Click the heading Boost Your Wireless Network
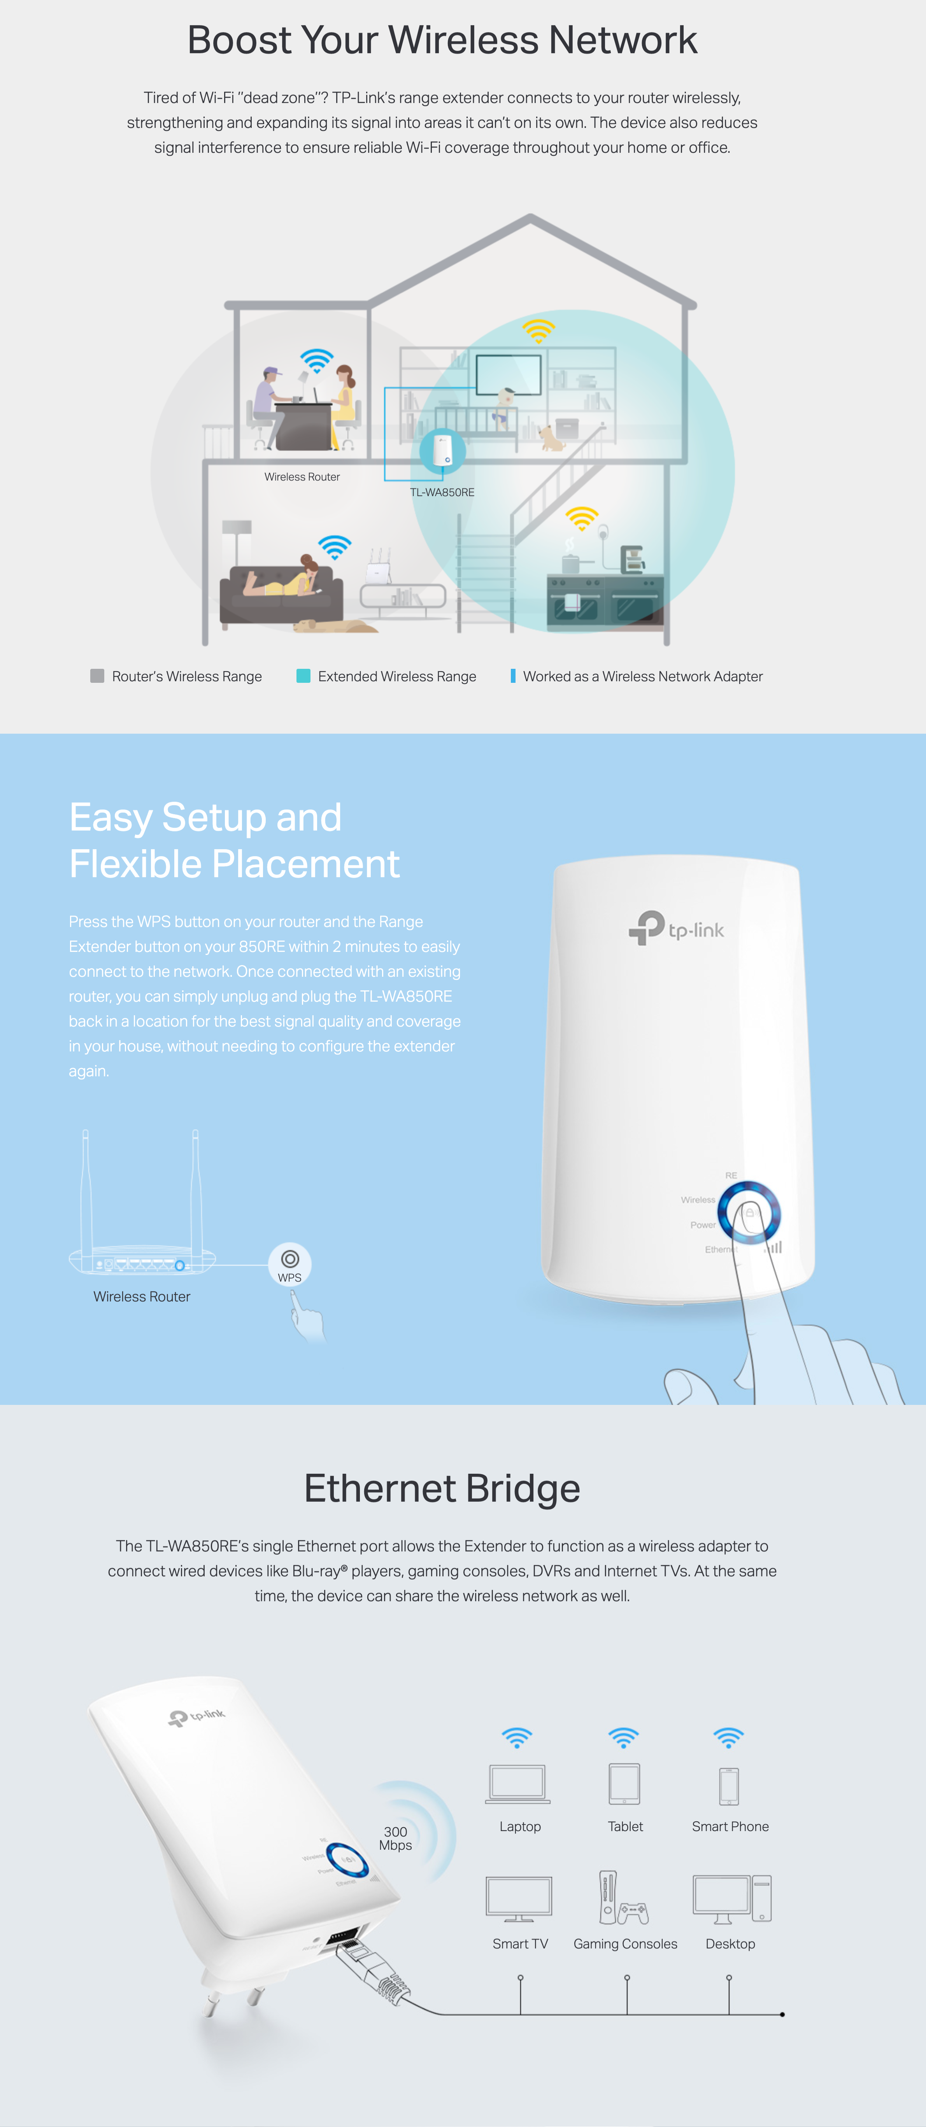click(x=442, y=40)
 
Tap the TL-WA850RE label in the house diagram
click(x=442, y=492)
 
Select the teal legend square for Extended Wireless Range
click(x=303, y=675)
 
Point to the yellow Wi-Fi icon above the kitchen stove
click(x=582, y=518)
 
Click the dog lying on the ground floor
click(x=326, y=625)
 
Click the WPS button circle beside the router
click(x=290, y=1263)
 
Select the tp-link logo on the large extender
click(x=677, y=928)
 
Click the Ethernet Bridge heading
click(x=442, y=1488)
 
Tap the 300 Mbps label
click(x=396, y=1838)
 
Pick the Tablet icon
click(x=624, y=1784)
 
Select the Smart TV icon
click(x=519, y=1899)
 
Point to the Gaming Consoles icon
click(x=624, y=1898)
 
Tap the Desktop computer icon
click(x=732, y=1899)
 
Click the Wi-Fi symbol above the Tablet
click(x=624, y=1737)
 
